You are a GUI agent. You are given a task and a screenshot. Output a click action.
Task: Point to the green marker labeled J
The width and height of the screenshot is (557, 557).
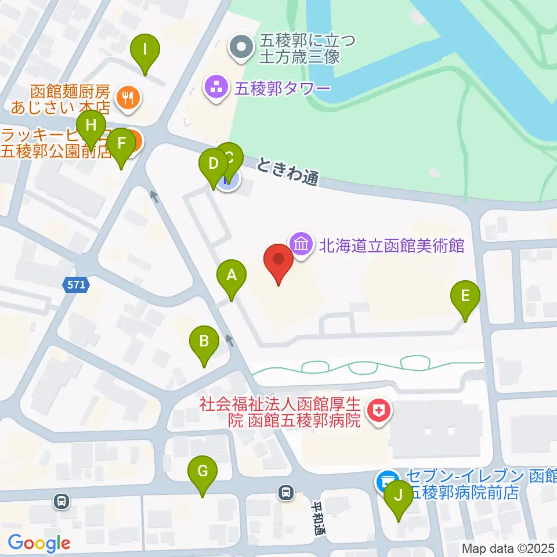pos(398,497)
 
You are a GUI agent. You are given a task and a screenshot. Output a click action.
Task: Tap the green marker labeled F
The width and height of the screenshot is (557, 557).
pos(121,144)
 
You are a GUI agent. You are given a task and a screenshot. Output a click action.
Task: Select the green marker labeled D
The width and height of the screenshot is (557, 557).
pos(213,165)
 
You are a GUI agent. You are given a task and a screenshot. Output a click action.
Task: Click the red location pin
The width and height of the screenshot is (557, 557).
pos(278,262)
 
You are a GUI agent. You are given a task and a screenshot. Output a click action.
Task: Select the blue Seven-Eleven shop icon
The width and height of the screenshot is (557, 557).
pos(385,480)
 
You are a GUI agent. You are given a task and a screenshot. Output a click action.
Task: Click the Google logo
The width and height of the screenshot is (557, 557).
pos(39,543)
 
